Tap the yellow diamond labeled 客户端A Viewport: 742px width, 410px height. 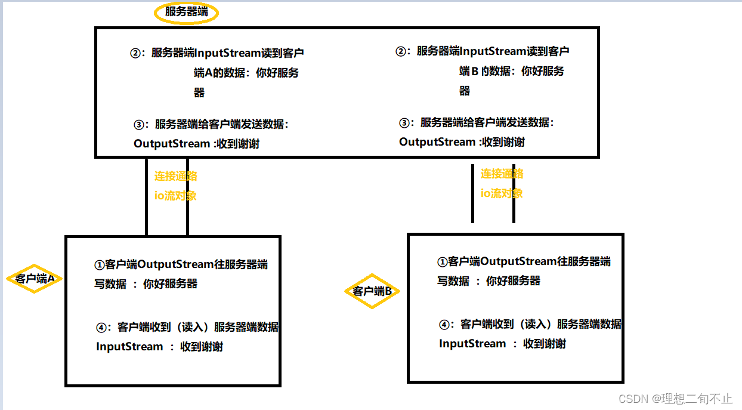click(35, 279)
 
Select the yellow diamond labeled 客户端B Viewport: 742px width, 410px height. click(372, 291)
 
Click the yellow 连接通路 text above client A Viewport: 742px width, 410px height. click(176, 176)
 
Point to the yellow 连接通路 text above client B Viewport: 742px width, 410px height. click(502, 174)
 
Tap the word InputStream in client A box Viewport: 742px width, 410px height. click(129, 347)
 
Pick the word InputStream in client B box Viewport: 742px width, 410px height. click(472, 344)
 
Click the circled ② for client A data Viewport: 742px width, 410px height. click(135, 53)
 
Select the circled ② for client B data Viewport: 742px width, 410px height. click(400, 51)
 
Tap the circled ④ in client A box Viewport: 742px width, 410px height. click(101, 327)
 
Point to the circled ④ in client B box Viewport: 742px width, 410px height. click(444, 325)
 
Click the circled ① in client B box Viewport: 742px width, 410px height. click(442, 261)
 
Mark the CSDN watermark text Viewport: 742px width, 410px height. click(675, 398)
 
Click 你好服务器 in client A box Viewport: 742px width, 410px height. click(170, 284)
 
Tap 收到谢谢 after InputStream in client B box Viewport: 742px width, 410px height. click(544, 344)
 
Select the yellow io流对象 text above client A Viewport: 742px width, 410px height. click(175, 196)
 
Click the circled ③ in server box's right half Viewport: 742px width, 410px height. click(404, 122)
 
